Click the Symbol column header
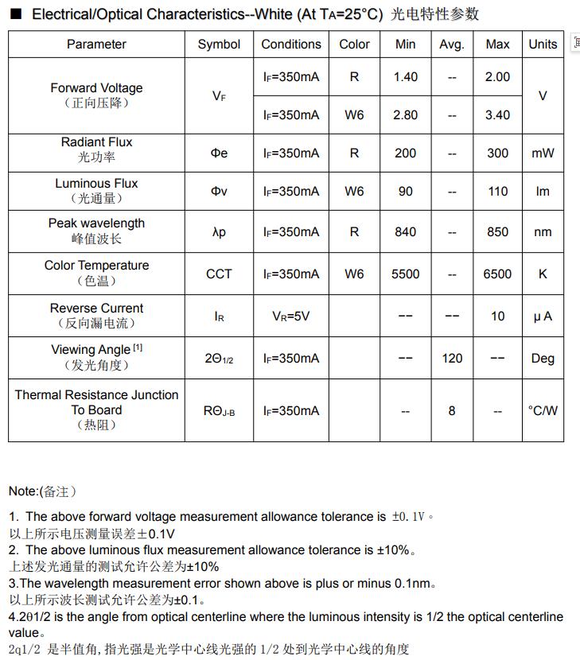pos(219,45)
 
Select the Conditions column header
pos(291,45)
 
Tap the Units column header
pos(543,45)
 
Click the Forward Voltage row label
pos(96,88)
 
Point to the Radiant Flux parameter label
pos(96,142)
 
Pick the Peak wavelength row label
pos(96,223)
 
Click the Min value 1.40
pos(405,77)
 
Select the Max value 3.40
pos(497,115)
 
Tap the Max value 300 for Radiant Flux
pos(497,153)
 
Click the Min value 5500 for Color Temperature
pos(405,274)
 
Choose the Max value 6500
pos(497,274)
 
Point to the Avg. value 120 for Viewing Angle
pos(452,359)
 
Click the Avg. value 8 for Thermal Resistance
pos(452,411)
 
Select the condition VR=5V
pos(291,316)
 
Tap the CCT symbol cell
pos(219,274)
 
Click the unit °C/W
pos(543,411)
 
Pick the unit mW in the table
pos(543,153)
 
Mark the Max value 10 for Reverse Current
pos(497,316)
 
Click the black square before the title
pos(15,14)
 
